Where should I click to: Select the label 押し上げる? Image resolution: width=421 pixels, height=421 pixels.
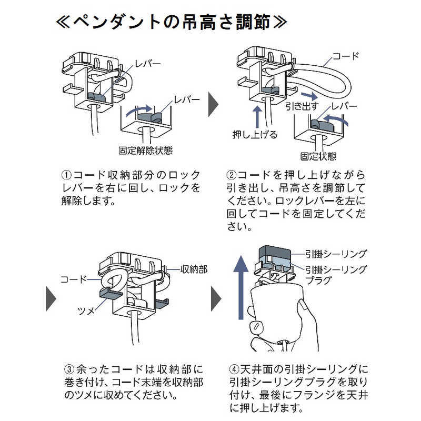click(255, 134)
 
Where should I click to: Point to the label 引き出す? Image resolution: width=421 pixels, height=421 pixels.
click(302, 106)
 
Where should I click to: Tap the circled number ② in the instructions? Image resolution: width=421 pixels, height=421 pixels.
click(232, 175)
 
